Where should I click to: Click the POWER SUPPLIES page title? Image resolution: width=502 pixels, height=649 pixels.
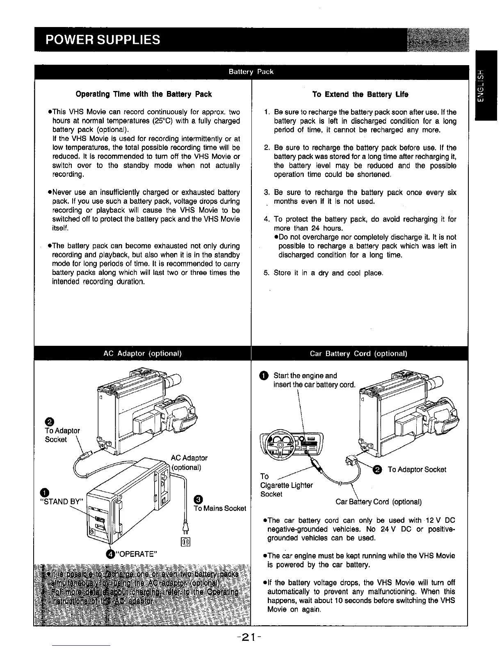pyautogui.click(x=103, y=39)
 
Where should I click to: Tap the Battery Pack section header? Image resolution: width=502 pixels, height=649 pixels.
pyautogui.click(x=251, y=72)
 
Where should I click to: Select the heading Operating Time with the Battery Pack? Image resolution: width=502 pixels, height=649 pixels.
pyautogui.click(x=144, y=94)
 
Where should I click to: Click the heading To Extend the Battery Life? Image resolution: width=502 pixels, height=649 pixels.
pyautogui.click(x=360, y=94)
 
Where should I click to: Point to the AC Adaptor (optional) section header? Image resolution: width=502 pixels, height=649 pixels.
pyautogui.click(x=142, y=353)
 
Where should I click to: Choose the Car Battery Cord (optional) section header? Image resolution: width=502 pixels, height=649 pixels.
pyautogui.click(x=358, y=354)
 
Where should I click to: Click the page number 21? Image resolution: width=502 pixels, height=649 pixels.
pyautogui.click(x=251, y=638)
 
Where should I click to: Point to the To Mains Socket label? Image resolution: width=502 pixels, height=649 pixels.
pyautogui.click(x=219, y=508)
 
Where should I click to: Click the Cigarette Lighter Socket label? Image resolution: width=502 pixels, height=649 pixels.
pyautogui.click(x=287, y=485)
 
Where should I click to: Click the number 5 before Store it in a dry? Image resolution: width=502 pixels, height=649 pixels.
pyautogui.click(x=266, y=273)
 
